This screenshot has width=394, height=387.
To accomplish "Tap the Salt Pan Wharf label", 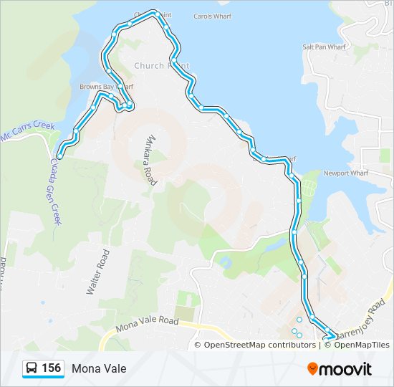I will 324,47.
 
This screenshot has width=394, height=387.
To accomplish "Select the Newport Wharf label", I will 345,173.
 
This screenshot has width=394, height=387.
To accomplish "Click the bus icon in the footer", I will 32,368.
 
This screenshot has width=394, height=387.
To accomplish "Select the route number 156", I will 51,368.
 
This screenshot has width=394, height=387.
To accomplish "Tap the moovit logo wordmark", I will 345,368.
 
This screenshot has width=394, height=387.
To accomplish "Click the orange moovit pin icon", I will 312,368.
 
